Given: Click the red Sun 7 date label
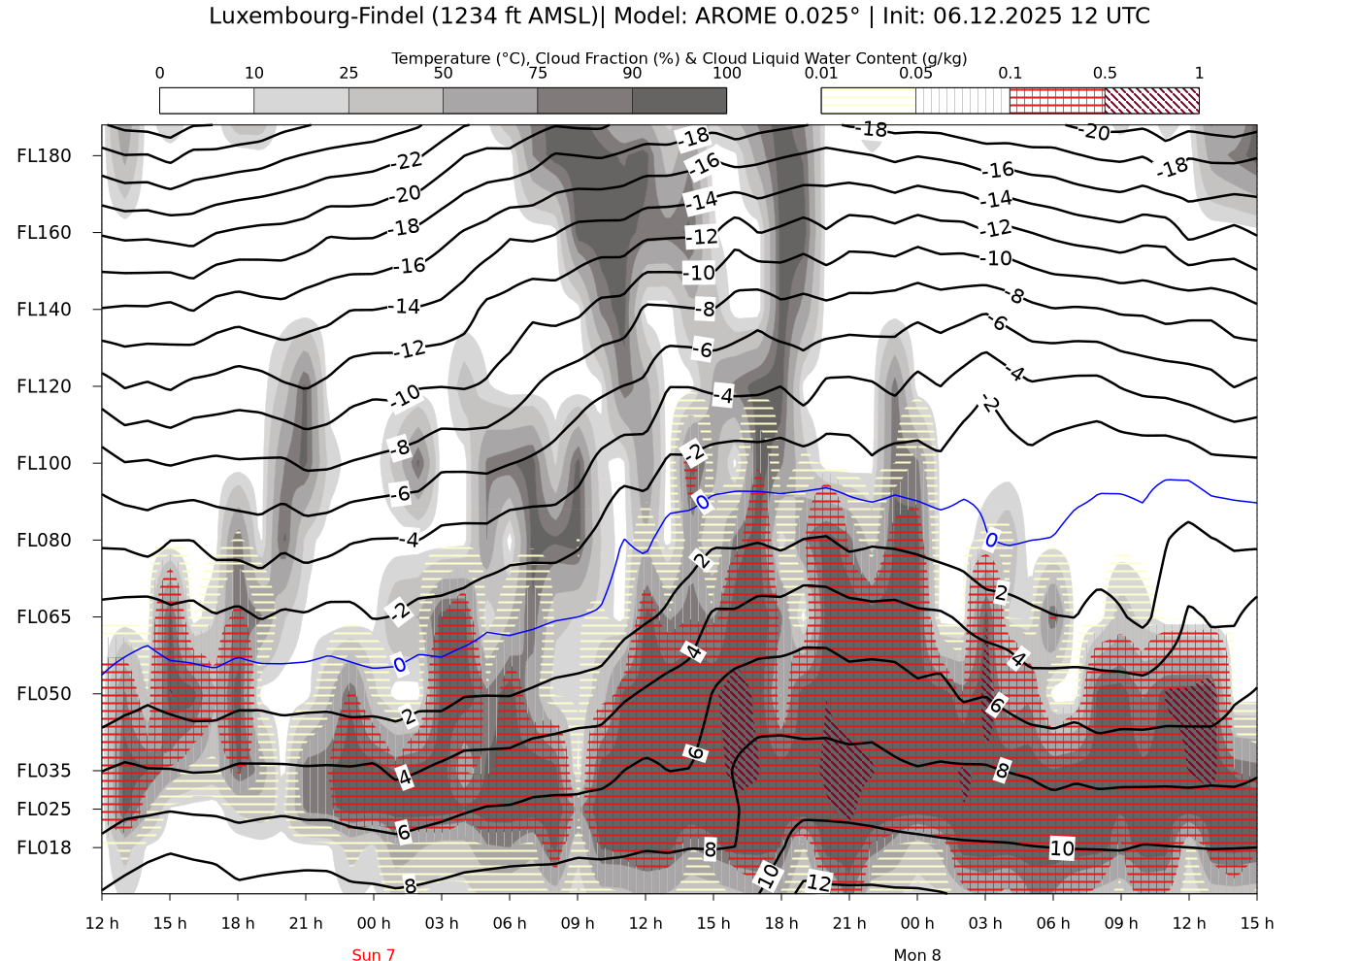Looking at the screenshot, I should pyautogui.click(x=374, y=955).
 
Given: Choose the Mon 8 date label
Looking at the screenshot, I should pyautogui.click(x=917, y=955).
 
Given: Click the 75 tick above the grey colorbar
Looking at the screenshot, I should pyautogui.click(x=537, y=73).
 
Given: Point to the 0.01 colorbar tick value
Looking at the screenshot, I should pyautogui.click(x=821, y=73).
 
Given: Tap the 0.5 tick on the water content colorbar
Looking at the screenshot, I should pyautogui.click(x=1105, y=73).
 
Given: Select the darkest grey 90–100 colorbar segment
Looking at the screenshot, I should pyautogui.click(x=679, y=100).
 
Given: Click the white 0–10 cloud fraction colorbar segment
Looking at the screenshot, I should pyautogui.click(x=207, y=100).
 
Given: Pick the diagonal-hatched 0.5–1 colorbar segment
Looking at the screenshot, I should pyautogui.click(x=1151, y=100).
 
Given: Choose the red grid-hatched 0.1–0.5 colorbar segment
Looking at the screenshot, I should pyautogui.click(x=1057, y=100).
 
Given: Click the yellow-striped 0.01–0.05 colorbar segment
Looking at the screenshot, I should pyautogui.click(x=868, y=100).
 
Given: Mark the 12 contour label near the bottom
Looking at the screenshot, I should pyautogui.click(x=818, y=882).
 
